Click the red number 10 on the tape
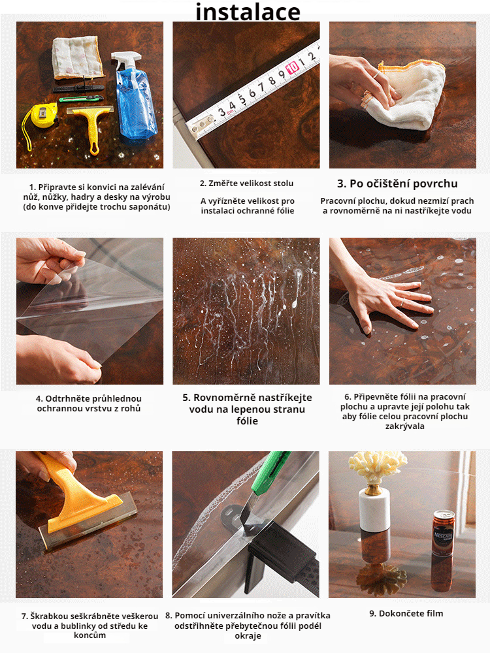[x=293, y=67]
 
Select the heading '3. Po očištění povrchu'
[x=397, y=183]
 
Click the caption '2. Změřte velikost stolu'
[x=246, y=183]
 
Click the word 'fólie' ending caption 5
[x=246, y=421]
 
